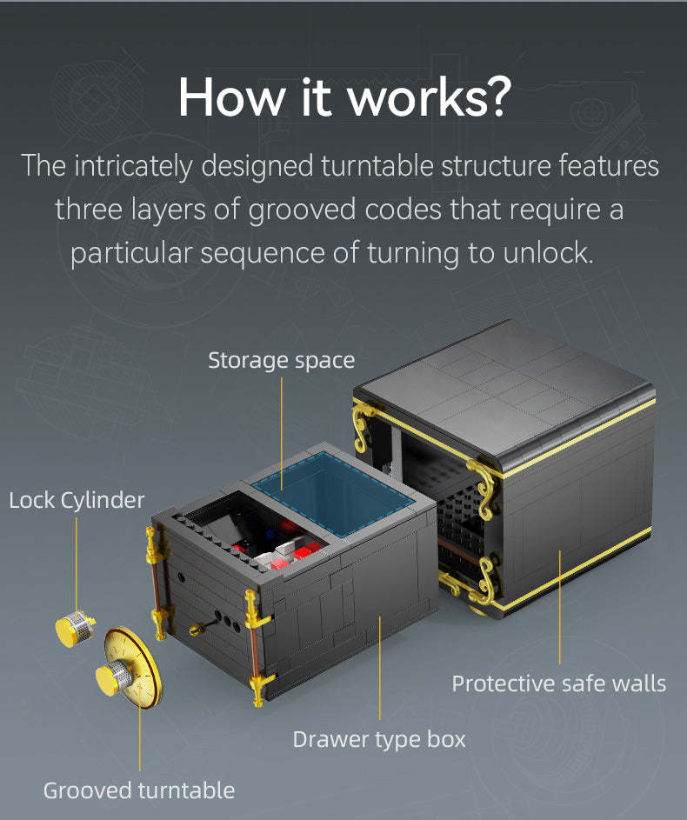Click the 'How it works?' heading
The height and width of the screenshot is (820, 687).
344,97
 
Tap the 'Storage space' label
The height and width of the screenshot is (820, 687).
281,360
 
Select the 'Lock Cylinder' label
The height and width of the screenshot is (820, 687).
77,501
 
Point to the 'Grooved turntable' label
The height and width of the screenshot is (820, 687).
139,790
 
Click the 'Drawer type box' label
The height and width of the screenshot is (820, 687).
379,739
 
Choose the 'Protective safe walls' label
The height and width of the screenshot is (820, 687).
559,683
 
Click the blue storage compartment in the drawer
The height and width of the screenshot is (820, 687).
333,492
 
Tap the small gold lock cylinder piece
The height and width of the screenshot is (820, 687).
75,628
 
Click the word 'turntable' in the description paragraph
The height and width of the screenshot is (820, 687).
377,166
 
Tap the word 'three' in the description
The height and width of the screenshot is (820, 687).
89,210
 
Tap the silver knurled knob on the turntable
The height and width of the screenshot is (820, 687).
116,677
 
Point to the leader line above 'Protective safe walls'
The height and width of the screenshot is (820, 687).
559,607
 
